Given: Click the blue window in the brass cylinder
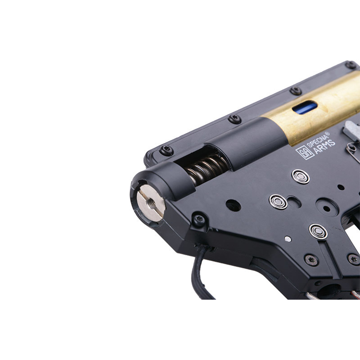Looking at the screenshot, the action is (x=305, y=107).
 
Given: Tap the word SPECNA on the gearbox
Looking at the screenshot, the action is (x=318, y=140).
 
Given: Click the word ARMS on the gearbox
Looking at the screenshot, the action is (x=324, y=147).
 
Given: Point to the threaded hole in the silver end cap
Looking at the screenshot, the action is (x=152, y=203).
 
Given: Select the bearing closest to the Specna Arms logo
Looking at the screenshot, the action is (x=301, y=176).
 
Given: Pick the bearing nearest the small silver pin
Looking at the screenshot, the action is (x=318, y=231).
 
